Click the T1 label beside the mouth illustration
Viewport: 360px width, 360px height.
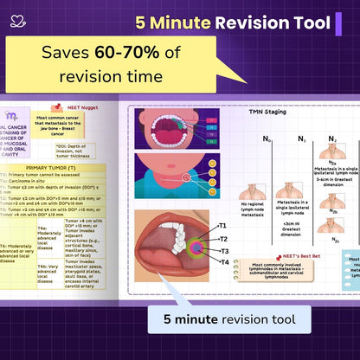[x=222, y=226]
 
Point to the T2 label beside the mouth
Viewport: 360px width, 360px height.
[x=222, y=238]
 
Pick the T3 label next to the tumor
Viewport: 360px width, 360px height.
[x=222, y=250]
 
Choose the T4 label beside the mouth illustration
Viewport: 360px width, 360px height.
[x=222, y=262]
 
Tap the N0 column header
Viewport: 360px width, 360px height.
[x=267, y=138]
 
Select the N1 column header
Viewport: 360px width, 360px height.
[x=302, y=138]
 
